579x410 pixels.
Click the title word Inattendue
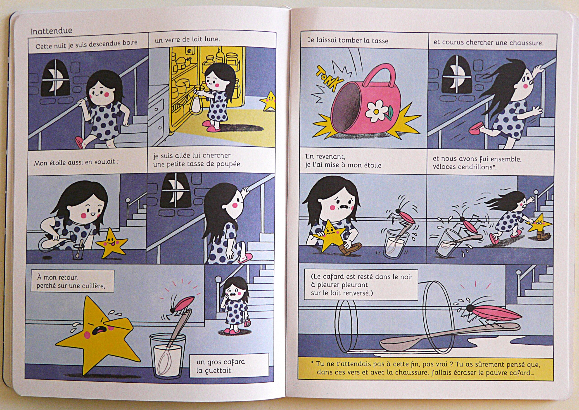coord(51,31)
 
